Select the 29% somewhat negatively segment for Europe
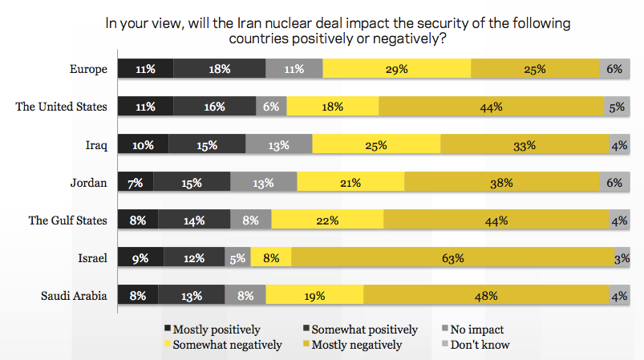click(396, 69)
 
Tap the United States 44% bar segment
click(492, 107)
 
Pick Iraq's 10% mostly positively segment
click(143, 145)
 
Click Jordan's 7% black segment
click(136, 183)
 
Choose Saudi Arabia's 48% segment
click(486, 296)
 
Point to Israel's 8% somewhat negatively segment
click(271, 258)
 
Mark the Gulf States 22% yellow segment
click(327, 220)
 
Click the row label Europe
click(89, 69)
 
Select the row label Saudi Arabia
click(74, 296)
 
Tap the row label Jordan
click(90, 183)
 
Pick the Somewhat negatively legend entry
click(227, 345)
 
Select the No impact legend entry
click(476, 330)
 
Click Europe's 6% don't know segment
click(614, 69)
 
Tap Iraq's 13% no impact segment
click(278, 145)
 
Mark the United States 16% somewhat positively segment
click(214, 107)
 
